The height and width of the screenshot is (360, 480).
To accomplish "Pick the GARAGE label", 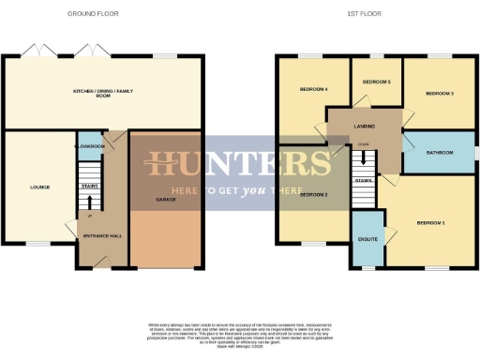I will click(165, 200).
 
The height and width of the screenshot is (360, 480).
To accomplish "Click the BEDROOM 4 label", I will click(313, 89).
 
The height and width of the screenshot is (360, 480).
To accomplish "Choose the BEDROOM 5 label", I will click(376, 82).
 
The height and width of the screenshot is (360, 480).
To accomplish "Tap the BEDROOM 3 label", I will click(439, 94).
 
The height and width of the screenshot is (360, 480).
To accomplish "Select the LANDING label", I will click(365, 125).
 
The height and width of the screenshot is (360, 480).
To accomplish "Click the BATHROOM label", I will click(439, 152).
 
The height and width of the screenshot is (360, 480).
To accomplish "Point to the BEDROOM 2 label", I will click(313, 195).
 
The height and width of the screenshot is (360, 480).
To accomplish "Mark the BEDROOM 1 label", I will click(430, 222).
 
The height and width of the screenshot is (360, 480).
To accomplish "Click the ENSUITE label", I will click(368, 239).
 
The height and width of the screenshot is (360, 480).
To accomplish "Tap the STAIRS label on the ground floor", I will click(90, 187).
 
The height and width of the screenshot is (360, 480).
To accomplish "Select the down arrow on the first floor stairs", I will click(363, 157).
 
